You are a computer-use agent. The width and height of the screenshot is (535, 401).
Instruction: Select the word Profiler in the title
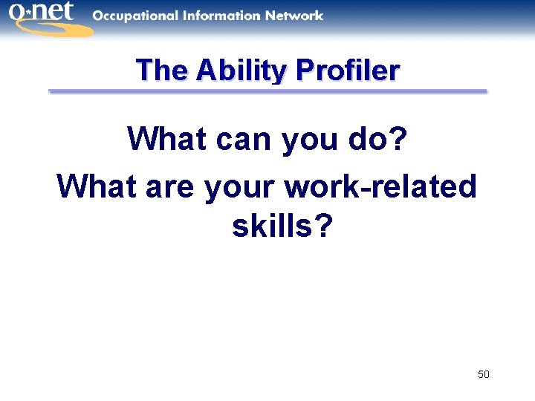348,71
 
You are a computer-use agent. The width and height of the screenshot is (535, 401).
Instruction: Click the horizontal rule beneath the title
267,91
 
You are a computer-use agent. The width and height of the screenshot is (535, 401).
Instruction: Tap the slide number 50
483,374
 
